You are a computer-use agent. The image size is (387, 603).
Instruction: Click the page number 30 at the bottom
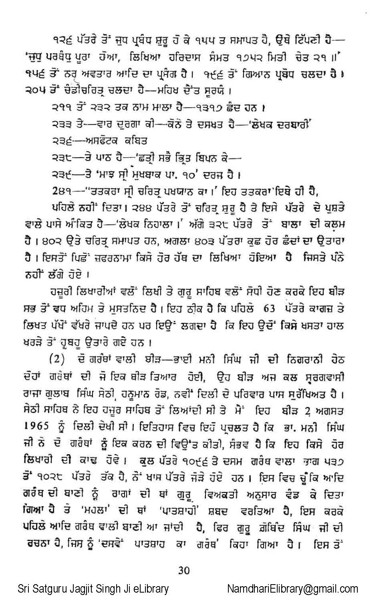184,570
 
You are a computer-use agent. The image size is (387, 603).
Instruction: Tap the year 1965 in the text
37,427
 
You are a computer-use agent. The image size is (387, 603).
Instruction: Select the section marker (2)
56,359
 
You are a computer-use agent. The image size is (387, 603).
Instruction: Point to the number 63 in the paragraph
269,309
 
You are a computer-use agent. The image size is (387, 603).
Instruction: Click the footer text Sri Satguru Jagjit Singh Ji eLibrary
93,589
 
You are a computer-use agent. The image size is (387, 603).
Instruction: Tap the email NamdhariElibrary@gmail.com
292,589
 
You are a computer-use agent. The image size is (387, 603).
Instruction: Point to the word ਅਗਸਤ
329,411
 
